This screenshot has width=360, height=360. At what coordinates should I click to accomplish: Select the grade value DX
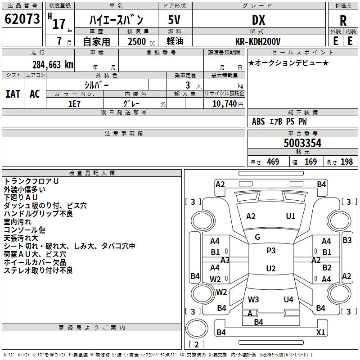(x=258, y=20)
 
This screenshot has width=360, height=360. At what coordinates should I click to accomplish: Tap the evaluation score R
(x=343, y=20)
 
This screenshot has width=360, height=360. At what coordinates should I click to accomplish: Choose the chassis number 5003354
(x=302, y=144)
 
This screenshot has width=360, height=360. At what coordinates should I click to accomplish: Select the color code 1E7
(x=75, y=103)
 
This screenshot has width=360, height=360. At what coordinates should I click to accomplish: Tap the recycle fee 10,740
(x=224, y=103)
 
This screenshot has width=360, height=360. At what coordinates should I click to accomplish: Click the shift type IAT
(x=13, y=94)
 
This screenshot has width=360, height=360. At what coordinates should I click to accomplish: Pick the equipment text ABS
(x=258, y=121)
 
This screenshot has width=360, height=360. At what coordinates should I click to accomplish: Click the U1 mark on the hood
(x=291, y=216)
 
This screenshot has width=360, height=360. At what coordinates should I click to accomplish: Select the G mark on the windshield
(x=257, y=237)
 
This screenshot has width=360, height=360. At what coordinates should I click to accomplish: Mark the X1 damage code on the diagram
(x=320, y=333)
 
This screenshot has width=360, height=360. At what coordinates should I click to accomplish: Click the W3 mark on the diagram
(x=253, y=299)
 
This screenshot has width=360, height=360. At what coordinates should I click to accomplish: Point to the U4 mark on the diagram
(x=288, y=299)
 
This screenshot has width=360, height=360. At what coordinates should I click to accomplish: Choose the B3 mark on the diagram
(x=347, y=240)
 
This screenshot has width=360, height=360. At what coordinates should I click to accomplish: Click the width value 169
(x=310, y=162)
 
